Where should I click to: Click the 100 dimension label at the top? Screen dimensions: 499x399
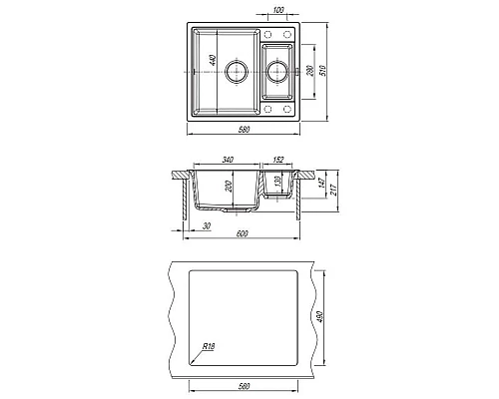coord(278,10)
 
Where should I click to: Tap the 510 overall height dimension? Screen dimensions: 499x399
coord(323,71)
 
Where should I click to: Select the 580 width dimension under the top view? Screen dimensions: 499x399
coord(244,129)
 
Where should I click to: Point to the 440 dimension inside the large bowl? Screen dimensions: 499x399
coord(213,60)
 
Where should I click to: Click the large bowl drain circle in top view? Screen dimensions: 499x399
coord(237,72)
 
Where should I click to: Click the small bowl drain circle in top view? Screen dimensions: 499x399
coord(277,72)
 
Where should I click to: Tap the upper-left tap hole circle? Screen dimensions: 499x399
coord(267,34)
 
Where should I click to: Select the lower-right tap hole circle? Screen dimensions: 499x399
coord(287,109)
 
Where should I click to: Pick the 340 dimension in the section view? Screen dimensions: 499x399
coord(228,160)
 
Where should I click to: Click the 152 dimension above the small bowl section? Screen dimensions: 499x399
coord(277,160)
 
